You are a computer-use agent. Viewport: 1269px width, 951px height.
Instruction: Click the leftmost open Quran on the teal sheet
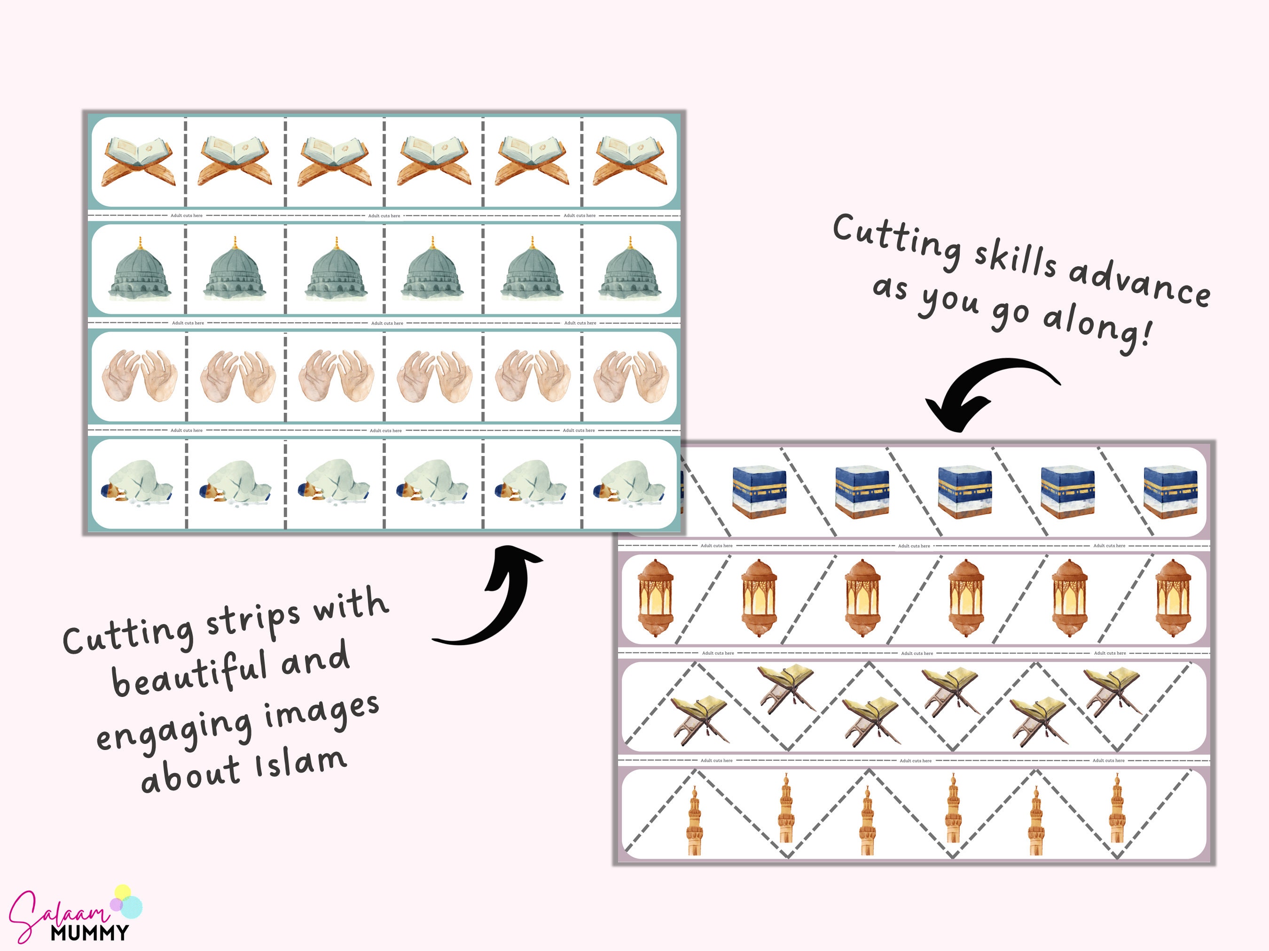click(x=138, y=162)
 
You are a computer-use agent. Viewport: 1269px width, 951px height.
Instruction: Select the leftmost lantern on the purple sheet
click(x=655, y=598)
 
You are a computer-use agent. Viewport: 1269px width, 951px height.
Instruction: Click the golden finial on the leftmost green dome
click(x=140, y=242)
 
